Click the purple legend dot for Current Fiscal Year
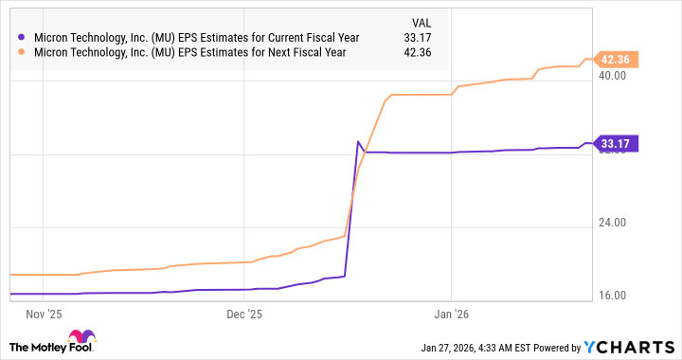pos(22,38)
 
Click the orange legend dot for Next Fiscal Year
pos(22,52)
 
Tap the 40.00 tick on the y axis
pos(615,76)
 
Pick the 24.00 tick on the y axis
pos(615,224)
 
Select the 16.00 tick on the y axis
pos(615,297)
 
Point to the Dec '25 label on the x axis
pos(245,311)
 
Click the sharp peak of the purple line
pos(358,142)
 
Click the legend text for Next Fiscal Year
pos(190,52)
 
